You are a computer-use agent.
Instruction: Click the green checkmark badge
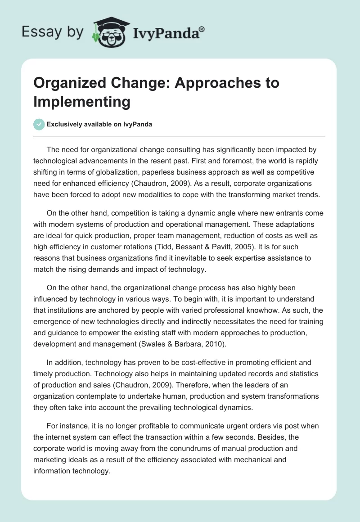39,124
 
